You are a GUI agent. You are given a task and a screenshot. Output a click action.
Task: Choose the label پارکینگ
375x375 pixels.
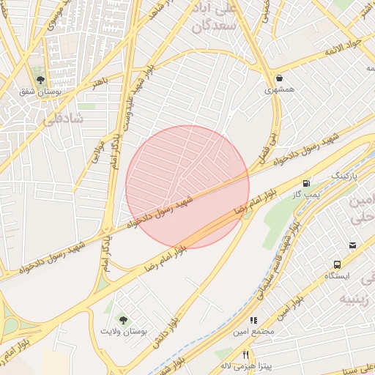click(345, 177)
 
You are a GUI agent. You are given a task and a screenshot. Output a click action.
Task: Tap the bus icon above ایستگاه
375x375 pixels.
click(338, 264)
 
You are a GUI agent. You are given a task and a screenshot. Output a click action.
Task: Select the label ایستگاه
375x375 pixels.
click(338, 276)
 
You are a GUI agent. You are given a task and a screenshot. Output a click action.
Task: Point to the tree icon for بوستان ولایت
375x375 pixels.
click(123, 320)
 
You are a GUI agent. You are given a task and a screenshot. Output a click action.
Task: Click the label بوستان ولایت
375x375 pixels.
click(124, 332)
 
